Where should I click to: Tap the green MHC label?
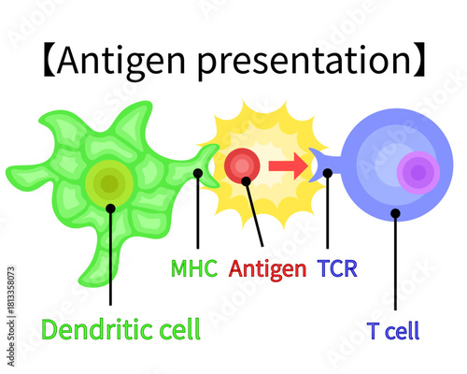(x=194, y=269)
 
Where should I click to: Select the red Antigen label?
(x=268, y=269)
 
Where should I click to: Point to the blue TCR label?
(x=337, y=269)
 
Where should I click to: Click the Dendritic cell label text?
(x=120, y=329)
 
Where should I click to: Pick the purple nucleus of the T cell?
(x=417, y=173)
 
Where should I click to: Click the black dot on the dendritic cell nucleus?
(x=110, y=208)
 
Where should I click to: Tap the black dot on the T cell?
(x=395, y=213)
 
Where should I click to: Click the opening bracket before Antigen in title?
(x=47, y=62)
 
